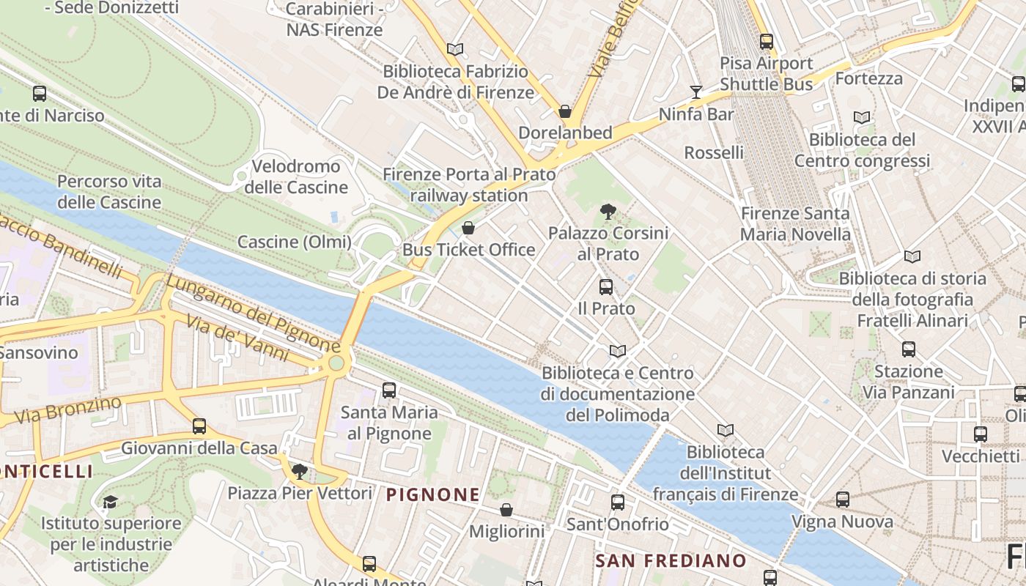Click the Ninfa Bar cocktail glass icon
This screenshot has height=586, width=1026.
695,92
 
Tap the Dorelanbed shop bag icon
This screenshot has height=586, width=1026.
565,111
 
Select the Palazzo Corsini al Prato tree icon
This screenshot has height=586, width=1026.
608,212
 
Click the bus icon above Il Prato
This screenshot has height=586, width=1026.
605,287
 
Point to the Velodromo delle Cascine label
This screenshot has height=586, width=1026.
296,177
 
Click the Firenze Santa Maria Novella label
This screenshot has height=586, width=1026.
795,224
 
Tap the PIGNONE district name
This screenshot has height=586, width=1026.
432,495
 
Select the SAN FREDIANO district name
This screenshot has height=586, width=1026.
671,561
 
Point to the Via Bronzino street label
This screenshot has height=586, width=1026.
67,410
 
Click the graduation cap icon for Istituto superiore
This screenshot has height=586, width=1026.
110,502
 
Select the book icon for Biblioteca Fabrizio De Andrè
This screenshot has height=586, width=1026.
455,50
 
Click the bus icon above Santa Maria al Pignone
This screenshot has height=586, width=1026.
389,390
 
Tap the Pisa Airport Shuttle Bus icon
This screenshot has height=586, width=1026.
767,42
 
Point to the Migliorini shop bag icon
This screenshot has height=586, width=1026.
506,510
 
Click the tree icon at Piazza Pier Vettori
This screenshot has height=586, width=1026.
299,471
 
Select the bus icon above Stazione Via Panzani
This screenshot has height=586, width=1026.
909,349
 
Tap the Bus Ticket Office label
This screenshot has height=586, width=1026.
469,250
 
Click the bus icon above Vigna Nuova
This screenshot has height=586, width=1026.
843,500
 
